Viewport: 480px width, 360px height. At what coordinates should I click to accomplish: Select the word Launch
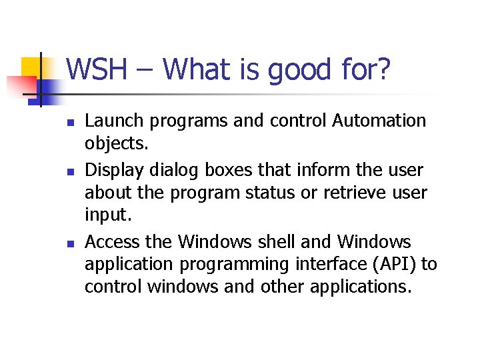pos(109,121)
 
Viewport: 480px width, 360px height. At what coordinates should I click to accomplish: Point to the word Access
pos(109,241)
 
